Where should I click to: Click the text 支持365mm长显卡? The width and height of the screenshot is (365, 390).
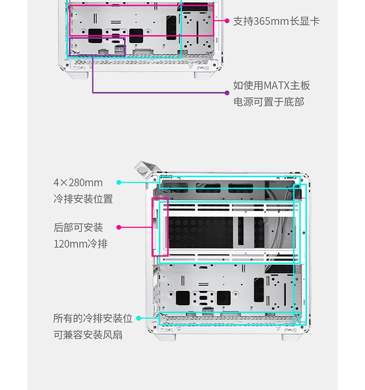[x=276, y=21]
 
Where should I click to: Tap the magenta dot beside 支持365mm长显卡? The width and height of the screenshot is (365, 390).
[x=227, y=21]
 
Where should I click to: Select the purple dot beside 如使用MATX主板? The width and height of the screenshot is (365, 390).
[x=227, y=92]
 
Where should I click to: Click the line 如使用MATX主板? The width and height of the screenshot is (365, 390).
[x=271, y=86]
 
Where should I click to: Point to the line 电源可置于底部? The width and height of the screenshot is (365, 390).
[x=269, y=102]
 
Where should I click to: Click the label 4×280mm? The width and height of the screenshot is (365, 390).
[x=78, y=183]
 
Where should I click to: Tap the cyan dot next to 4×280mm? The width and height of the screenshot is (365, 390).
[x=119, y=183]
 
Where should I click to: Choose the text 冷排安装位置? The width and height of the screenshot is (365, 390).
[x=83, y=199]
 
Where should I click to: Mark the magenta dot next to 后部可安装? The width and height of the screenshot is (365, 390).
[x=119, y=227]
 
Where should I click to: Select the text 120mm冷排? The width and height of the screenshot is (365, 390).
[x=80, y=243]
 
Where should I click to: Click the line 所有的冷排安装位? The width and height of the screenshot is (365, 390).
[x=92, y=318]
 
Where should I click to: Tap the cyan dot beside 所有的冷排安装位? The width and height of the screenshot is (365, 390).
[x=138, y=318]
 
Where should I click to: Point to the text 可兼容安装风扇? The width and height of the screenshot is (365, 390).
[x=88, y=335]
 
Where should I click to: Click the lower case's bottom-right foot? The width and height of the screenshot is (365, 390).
[x=291, y=335]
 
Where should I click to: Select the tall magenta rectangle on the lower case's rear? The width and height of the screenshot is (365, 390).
[x=160, y=227]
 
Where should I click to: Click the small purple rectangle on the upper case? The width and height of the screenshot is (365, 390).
[x=97, y=46]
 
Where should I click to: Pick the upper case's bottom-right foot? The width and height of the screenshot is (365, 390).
[x=203, y=74]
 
